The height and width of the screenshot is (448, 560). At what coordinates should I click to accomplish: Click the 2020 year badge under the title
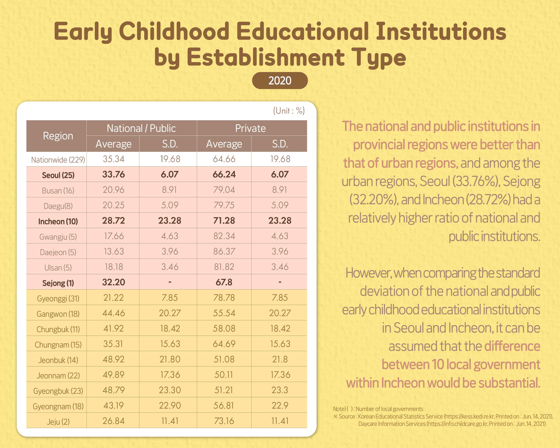coord(280,80)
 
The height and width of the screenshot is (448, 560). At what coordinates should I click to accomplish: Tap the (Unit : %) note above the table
coord(289,111)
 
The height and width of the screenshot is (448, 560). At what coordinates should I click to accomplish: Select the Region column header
coord(58,136)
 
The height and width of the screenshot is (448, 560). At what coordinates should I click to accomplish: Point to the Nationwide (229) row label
coord(58,160)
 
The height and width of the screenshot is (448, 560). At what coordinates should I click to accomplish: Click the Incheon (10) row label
coord(58,221)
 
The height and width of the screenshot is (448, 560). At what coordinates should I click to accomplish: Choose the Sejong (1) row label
coord(58,283)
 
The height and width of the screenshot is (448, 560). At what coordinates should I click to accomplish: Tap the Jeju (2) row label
coord(58,421)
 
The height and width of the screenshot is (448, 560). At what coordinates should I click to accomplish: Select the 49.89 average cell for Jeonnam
coord(113,375)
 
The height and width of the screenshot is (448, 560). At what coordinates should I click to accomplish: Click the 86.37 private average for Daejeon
coord(224,251)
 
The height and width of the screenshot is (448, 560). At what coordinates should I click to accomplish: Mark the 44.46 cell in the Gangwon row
coord(113,313)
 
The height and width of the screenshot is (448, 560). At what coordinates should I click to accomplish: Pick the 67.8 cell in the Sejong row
coord(224,282)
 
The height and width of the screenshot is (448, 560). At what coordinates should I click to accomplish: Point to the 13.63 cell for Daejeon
coord(113,251)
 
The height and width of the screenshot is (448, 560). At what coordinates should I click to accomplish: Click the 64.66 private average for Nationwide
coord(224,159)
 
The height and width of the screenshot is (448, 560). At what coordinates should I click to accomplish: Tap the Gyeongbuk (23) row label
coord(58,391)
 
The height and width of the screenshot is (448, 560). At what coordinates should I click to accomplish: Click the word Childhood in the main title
coord(174,32)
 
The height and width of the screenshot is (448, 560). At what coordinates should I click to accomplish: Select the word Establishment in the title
coord(265,58)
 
